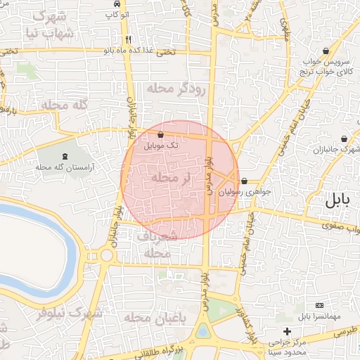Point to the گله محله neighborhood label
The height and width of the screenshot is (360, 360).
(63, 105)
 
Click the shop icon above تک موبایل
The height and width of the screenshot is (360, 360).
(161, 134)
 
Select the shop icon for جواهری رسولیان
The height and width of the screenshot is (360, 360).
(244, 181)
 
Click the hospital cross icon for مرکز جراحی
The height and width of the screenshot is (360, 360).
(286, 331)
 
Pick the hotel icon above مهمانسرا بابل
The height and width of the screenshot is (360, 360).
(320, 306)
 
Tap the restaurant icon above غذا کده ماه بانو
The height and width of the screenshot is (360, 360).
(127, 39)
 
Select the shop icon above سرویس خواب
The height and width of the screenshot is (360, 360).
(327, 51)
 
